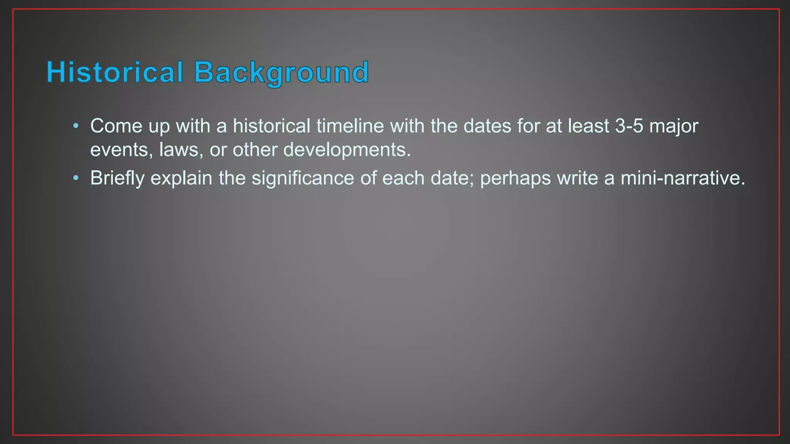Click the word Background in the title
click(281, 72)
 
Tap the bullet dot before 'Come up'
click(76, 126)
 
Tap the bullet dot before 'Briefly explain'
click(76, 178)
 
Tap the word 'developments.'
click(347, 150)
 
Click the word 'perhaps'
click(515, 178)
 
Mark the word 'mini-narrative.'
click(683, 178)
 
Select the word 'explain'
click(181, 178)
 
